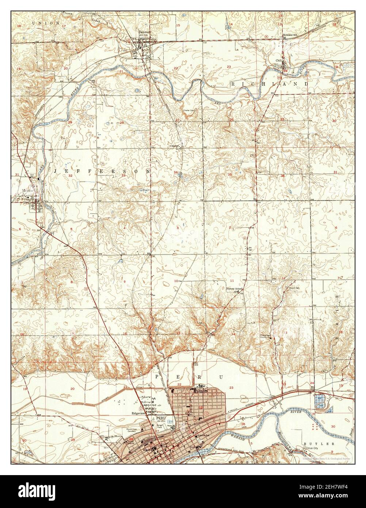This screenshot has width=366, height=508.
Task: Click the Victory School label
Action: click(234, 289)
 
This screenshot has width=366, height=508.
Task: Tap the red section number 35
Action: click(229, 175)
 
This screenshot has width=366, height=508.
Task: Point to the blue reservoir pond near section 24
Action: click(320, 401)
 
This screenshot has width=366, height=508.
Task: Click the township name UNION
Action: click(41, 23)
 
